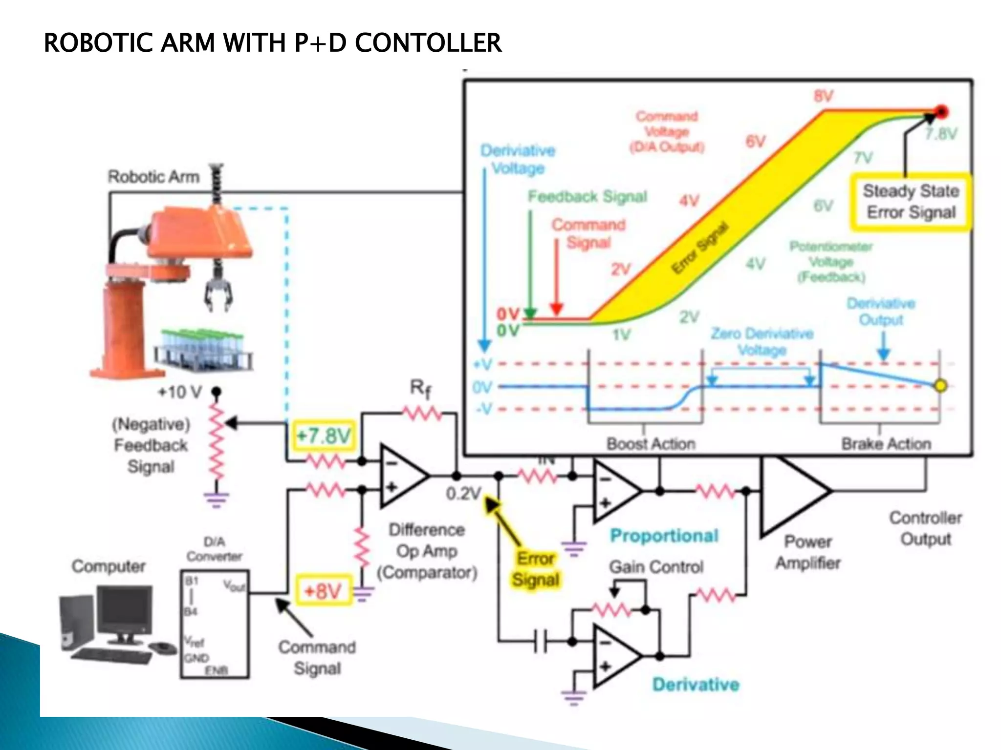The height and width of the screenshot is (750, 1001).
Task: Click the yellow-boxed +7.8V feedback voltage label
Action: tap(324, 435)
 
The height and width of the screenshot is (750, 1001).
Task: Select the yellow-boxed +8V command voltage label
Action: tap(323, 591)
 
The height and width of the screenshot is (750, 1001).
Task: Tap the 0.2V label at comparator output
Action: tap(463, 494)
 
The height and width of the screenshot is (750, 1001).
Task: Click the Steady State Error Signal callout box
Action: tap(911, 202)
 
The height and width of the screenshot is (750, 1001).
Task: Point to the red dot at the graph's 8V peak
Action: tap(941, 112)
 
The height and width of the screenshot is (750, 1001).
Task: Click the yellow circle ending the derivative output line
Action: tap(940, 386)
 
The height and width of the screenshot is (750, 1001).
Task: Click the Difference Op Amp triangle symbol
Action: tap(402, 475)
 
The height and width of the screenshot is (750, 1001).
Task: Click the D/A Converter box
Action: tap(214, 624)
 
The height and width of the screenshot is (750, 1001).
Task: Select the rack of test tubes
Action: tap(203, 348)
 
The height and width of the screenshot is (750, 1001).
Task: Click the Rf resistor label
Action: tap(420, 389)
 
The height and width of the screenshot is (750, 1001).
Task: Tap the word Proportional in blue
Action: tap(664, 536)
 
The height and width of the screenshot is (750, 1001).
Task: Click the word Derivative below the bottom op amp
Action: tap(696, 685)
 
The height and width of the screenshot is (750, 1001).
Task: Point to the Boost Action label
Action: tap(651, 443)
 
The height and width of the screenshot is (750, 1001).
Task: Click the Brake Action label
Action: tap(886, 443)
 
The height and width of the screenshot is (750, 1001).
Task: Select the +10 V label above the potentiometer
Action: tap(179, 392)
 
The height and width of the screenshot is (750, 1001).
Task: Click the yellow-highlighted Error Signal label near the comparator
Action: tap(536, 569)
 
